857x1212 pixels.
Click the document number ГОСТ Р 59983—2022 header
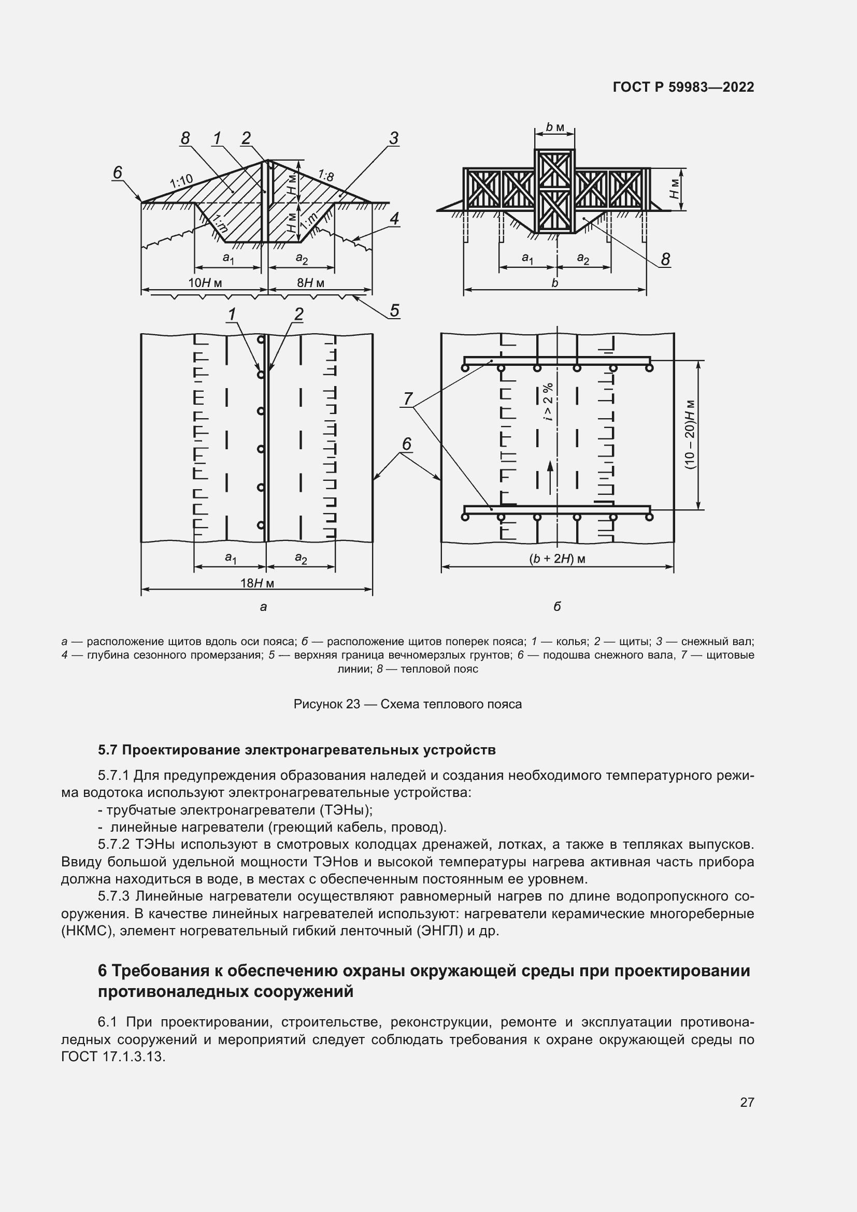point(683,87)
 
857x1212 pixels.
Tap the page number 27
point(747,1102)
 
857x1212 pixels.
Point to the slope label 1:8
point(325,176)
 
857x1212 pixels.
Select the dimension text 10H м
point(205,283)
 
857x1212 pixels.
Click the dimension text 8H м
point(310,283)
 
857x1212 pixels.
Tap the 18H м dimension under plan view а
point(257,583)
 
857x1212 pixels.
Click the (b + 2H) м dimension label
point(558,559)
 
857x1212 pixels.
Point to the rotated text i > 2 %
point(548,401)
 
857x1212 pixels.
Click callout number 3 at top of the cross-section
point(394,138)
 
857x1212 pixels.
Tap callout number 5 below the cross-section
point(394,310)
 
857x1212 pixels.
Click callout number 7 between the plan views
point(407,398)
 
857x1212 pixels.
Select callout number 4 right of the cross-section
point(394,219)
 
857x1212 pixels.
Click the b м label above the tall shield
point(554,127)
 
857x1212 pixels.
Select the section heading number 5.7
point(109,750)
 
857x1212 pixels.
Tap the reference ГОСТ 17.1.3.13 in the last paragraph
point(113,1056)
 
